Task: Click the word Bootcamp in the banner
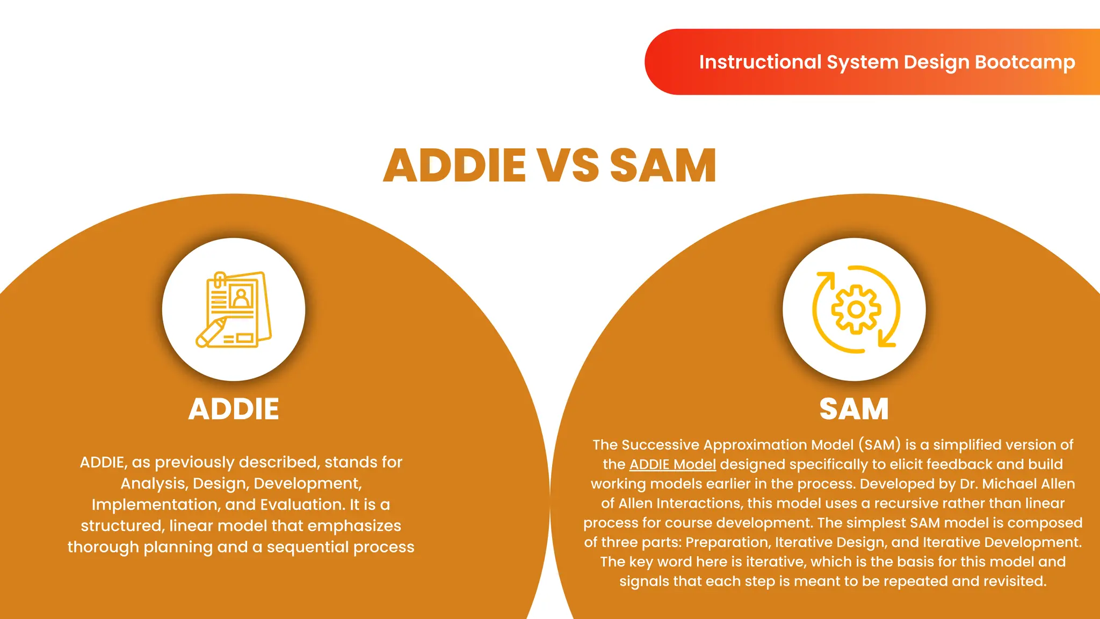[1025, 62]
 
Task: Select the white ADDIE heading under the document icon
[234, 409]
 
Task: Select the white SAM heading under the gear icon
[854, 409]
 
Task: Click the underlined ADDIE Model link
[672, 464]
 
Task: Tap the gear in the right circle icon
[856, 309]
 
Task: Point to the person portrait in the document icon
[241, 297]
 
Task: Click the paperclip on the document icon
[219, 279]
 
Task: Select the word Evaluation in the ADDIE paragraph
[302, 505]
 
